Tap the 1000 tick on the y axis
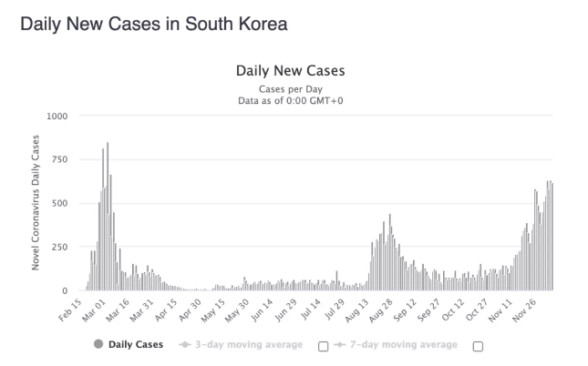point(57,117)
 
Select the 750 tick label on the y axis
point(59,159)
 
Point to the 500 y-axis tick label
point(59,202)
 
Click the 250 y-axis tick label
point(59,247)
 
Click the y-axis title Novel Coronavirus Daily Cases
point(36,202)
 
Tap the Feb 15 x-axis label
point(70,307)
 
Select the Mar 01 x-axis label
point(97,307)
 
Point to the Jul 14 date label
point(311,307)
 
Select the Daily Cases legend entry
point(128,344)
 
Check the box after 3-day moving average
point(323,345)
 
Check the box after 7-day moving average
point(477,345)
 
